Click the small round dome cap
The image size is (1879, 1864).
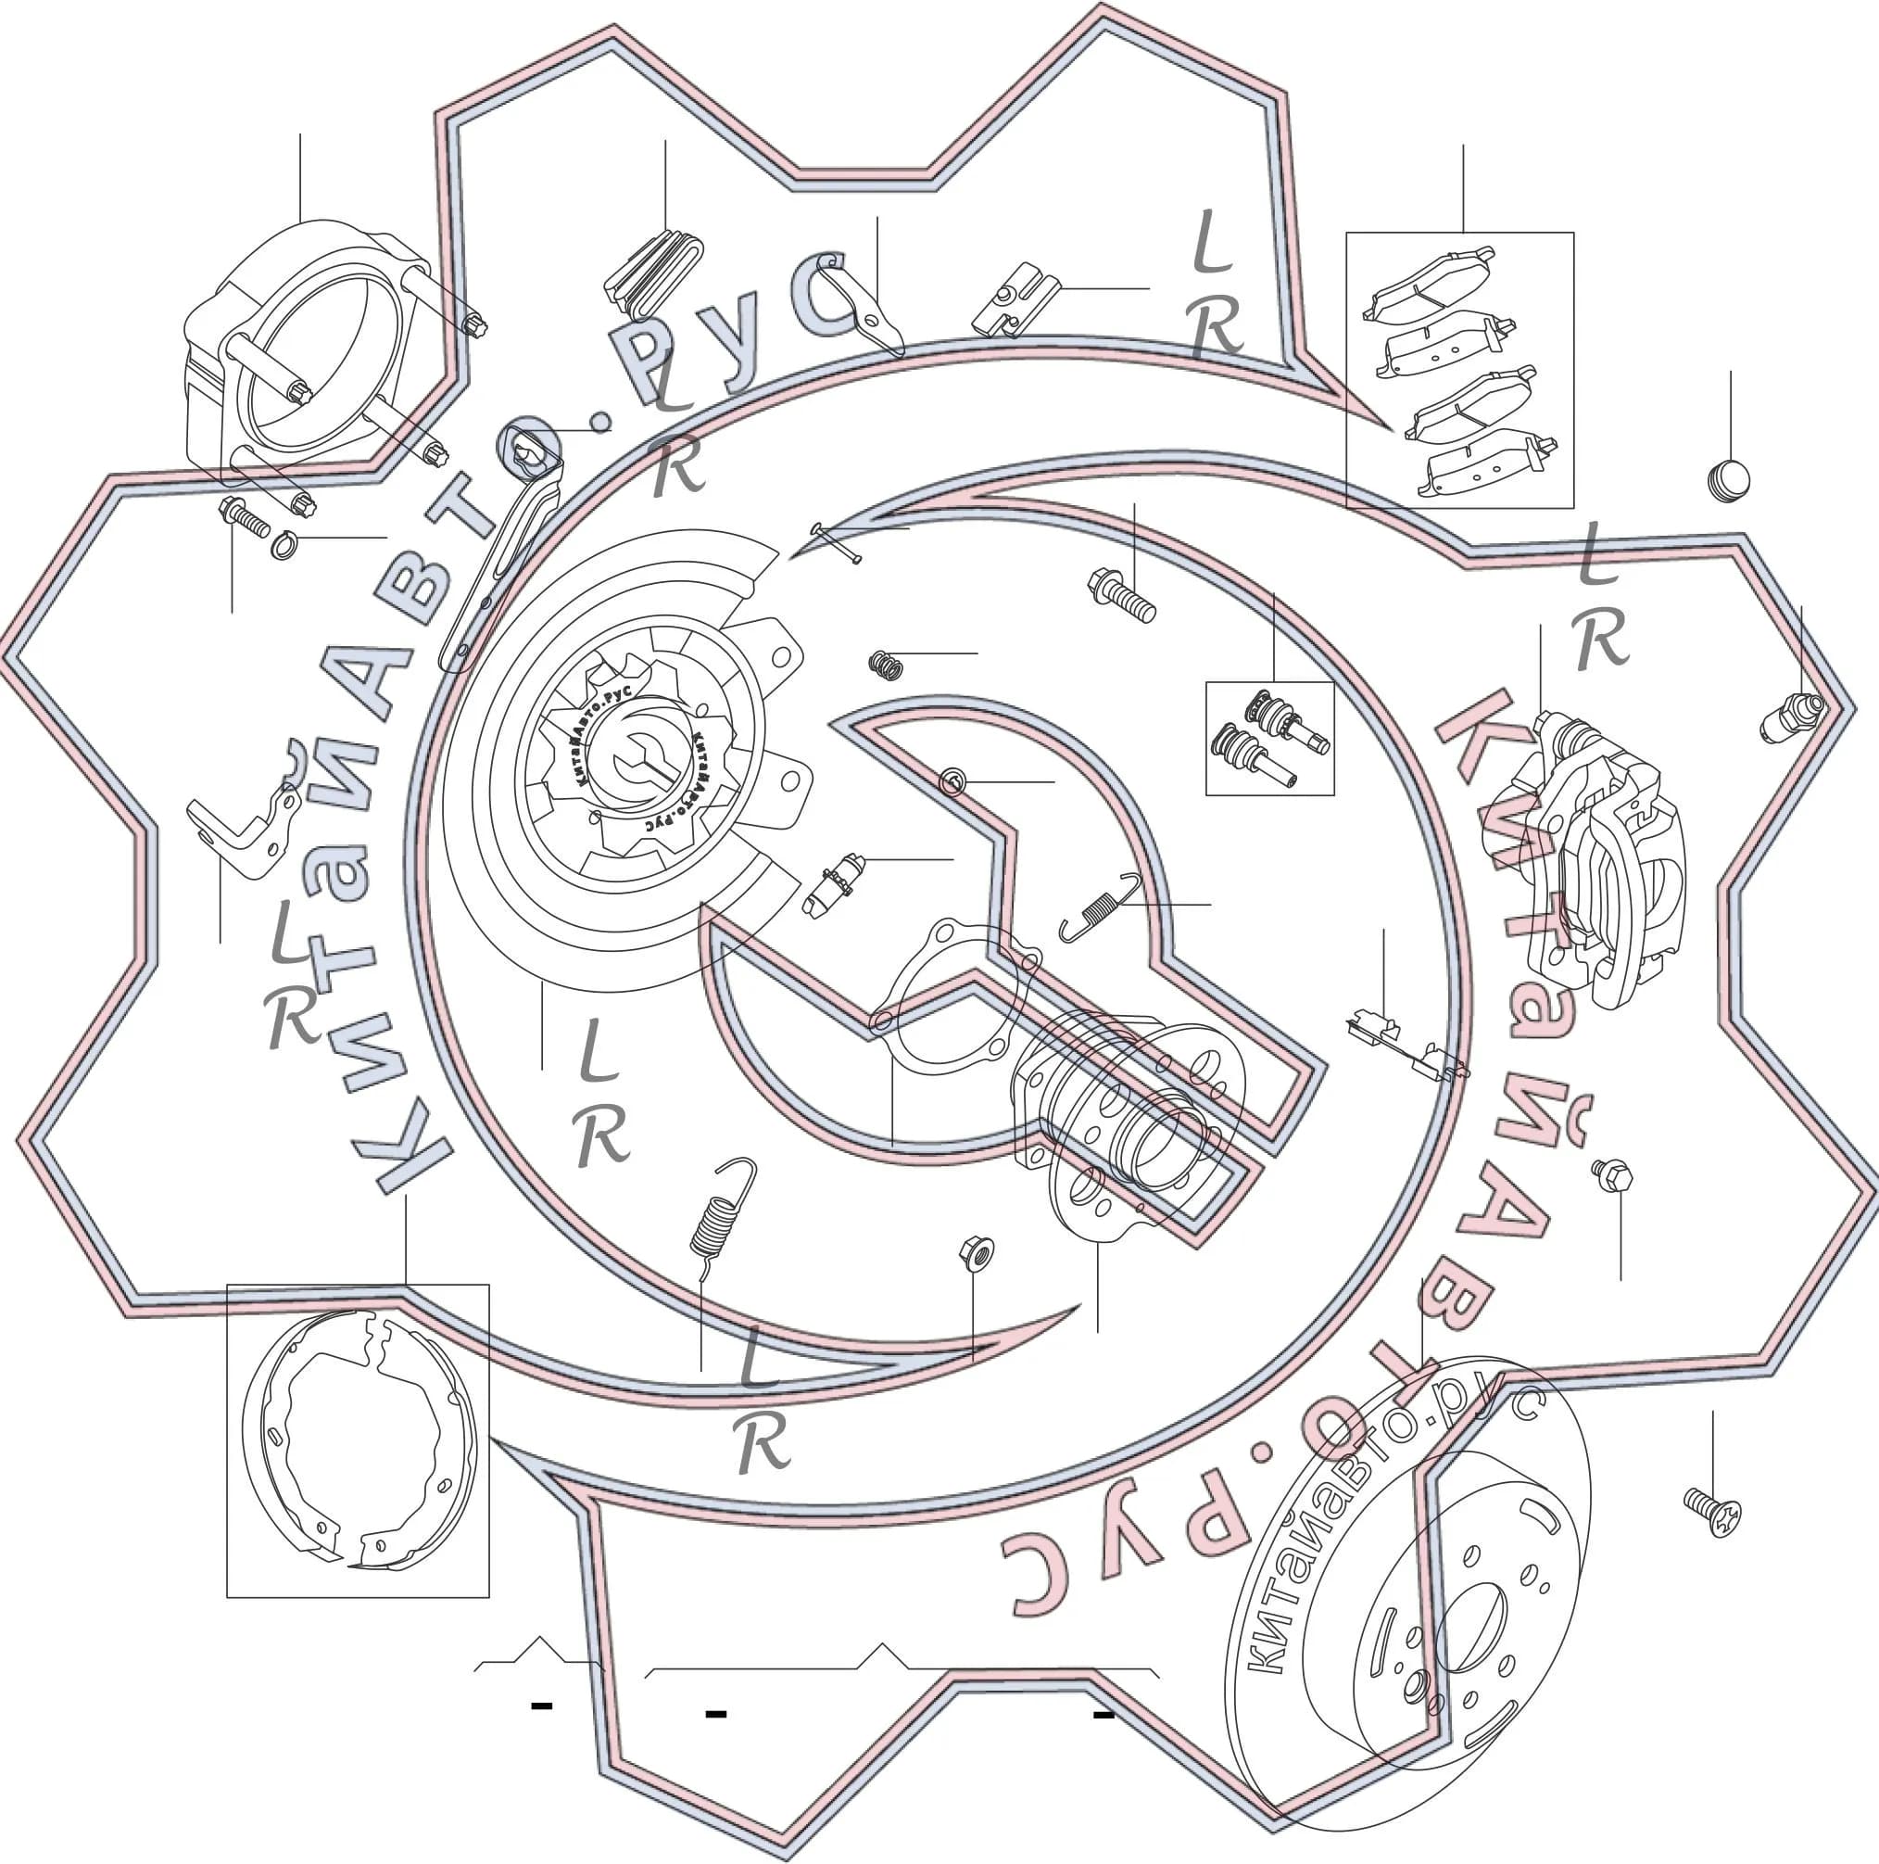(1728, 480)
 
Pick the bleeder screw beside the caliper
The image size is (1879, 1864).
(1790, 717)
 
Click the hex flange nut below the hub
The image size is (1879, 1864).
(976, 1252)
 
